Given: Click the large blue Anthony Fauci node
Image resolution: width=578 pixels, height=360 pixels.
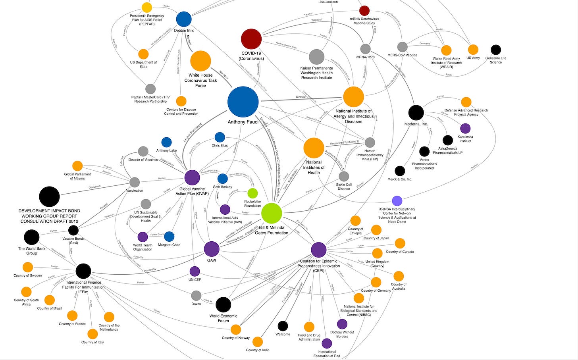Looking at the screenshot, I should coord(243,102).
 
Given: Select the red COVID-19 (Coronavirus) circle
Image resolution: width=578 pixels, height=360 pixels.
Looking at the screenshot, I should coord(251,39).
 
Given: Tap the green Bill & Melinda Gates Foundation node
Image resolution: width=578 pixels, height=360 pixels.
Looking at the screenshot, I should coord(272,213).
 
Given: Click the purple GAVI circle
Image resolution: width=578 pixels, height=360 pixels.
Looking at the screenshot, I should coord(212,249).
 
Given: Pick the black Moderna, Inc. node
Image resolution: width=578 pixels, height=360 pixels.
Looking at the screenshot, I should coord(416,113).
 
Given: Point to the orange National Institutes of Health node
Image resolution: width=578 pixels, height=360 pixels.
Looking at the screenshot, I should coord(314,148).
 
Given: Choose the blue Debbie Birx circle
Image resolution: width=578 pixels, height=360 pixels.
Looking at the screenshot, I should coord(184,19).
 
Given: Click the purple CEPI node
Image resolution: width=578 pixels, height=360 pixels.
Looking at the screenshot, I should coord(318,250).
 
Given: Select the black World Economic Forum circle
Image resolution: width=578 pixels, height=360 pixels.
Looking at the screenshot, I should coord(223,304).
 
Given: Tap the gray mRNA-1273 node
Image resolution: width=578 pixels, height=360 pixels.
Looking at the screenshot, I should coord(365,49).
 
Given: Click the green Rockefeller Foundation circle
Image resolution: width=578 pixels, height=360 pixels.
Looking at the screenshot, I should coord(252,193).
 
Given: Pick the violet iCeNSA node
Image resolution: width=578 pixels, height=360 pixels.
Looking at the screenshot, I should coord(397,201).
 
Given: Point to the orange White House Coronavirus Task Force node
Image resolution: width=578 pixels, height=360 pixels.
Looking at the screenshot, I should coord(200,61).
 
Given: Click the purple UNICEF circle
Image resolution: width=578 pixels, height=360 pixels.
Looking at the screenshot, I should coord(195,271).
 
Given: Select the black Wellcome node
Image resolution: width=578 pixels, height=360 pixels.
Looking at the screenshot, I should coord(283,326).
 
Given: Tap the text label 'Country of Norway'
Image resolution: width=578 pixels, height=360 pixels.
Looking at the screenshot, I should coord(236,338).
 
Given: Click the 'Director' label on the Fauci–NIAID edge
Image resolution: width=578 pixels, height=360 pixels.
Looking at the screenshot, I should coord(301,97).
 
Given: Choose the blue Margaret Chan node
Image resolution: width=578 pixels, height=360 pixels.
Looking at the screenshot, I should coord(169,237).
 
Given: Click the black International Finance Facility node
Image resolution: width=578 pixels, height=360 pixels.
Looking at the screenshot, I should coord(83,271).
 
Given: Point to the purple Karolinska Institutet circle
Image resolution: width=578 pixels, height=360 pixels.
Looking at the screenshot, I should coord(465,128).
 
